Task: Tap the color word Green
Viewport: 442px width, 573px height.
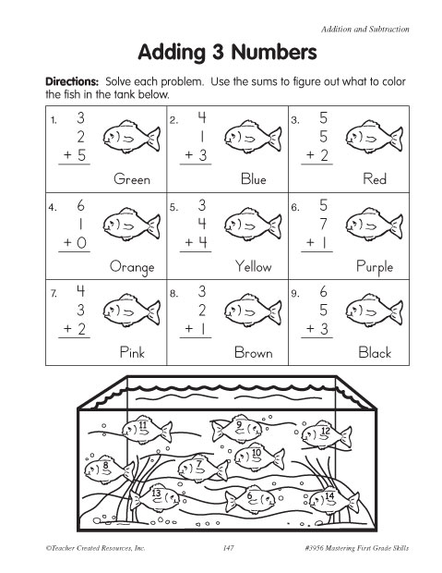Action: pyautogui.click(x=132, y=179)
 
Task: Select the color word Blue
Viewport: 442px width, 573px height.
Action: pyautogui.click(x=253, y=179)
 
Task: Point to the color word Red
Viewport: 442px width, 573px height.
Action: pyautogui.click(x=375, y=179)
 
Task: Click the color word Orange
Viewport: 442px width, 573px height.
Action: pyautogui.click(x=131, y=266)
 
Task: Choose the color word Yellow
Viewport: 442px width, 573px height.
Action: pyautogui.click(x=253, y=266)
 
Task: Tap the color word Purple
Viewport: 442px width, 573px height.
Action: pyautogui.click(x=374, y=267)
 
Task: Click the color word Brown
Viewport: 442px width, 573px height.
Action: pyautogui.click(x=253, y=352)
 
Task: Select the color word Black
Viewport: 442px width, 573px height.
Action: pyautogui.click(x=375, y=352)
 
